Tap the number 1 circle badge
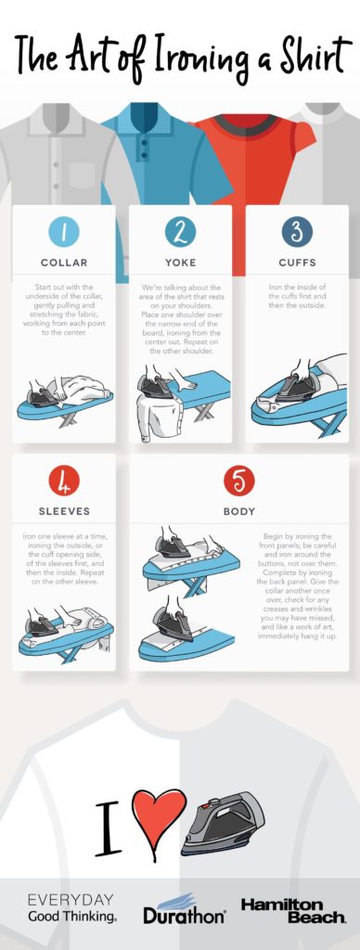coord(64,231)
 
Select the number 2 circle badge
coord(180,231)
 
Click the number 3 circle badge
coord(297,231)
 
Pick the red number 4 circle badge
coord(64,481)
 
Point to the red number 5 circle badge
coord(238,481)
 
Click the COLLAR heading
coord(64,263)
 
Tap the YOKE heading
coord(180,263)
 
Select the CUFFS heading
coord(297,263)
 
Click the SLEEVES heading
coord(64,511)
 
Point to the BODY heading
coord(238,511)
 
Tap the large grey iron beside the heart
coord(225,822)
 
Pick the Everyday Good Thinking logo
coord(71,908)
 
